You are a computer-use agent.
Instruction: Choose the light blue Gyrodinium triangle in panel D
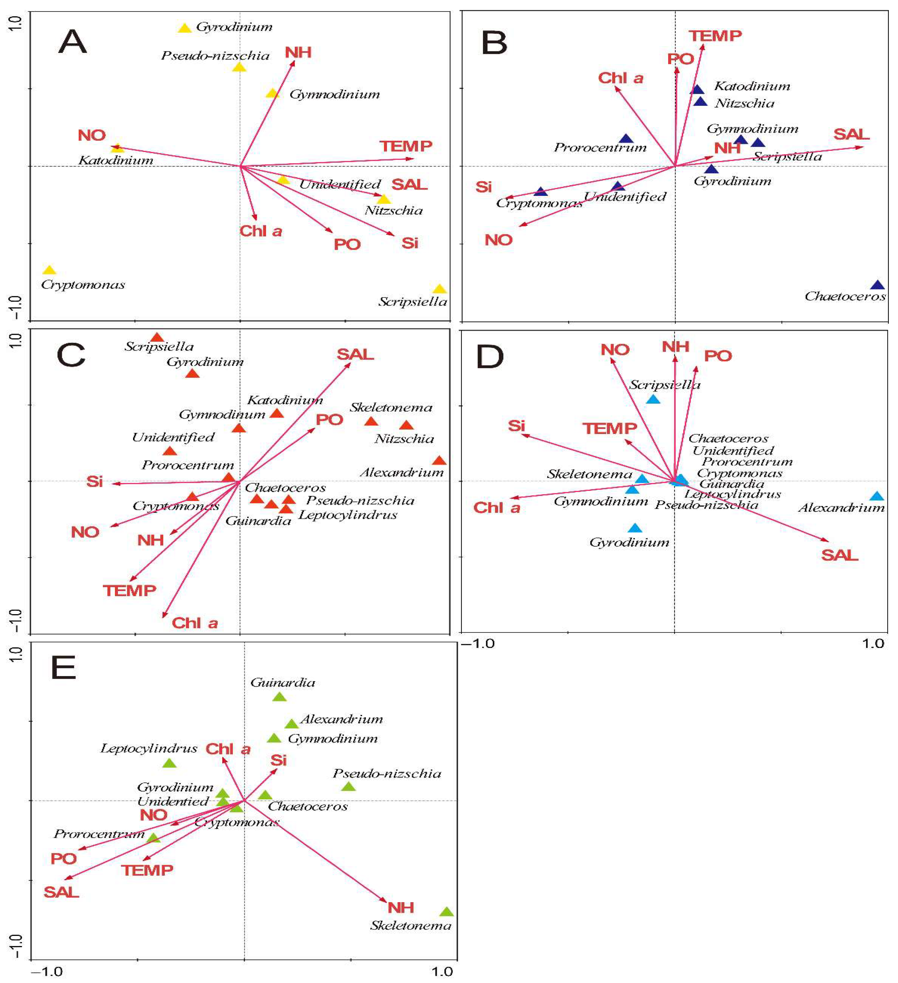[x=635, y=528]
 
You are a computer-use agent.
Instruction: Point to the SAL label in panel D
[x=840, y=555]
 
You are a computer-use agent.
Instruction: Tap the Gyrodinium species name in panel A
[x=234, y=27]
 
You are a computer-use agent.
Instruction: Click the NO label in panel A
[x=92, y=135]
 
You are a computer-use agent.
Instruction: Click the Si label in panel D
[x=516, y=426]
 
